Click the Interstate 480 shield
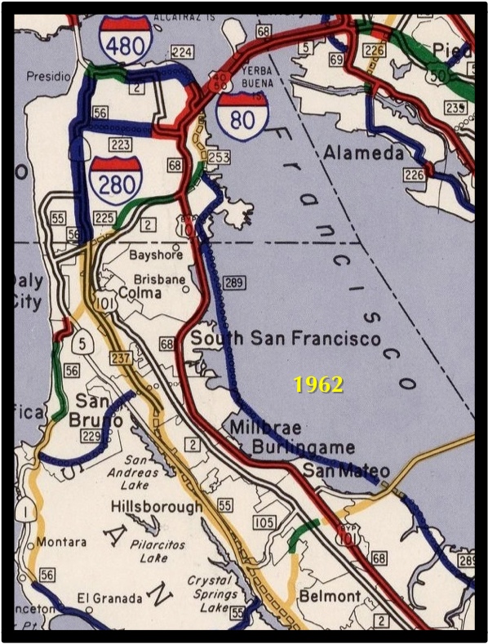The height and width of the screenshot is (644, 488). click(125, 38)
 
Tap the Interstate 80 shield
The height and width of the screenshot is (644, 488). click(242, 116)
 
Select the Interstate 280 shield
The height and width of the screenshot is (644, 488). click(116, 180)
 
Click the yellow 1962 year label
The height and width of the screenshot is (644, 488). click(318, 385)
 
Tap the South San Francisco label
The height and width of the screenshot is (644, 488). click(286, 339)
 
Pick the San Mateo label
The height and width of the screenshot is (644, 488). click(346, 470)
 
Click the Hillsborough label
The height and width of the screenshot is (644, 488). click(156, 507)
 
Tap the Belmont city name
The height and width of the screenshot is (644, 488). click(329, 597)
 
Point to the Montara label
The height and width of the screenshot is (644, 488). click(61, 542)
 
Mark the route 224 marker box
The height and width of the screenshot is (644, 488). click(183, 53)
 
